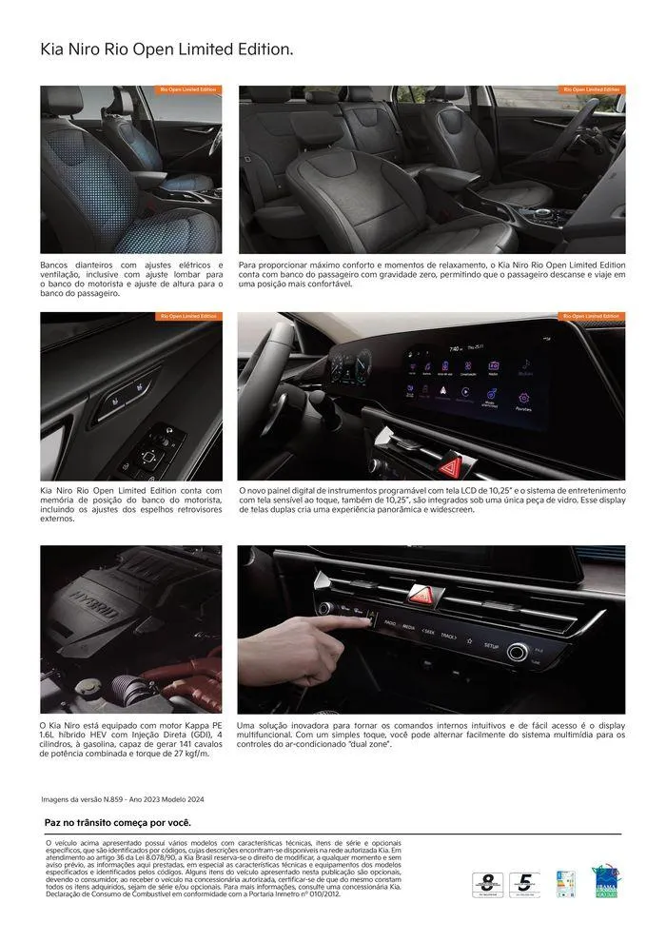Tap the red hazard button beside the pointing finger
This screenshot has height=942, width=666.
pyautogui.click(x=420, y=595)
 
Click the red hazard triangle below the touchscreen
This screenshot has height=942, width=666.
pyautogui.click(x=452, y=465)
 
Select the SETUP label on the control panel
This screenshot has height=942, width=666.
pyautogui.click(x=491, y=645)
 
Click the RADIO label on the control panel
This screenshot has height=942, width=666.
pyautogui.click(x=389, y=624)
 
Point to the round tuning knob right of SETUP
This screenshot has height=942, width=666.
pyautogui.click(x=519, y=653)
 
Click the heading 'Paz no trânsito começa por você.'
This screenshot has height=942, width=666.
pyautogui.click(x=118, y=823)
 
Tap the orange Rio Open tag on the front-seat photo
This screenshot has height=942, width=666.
pyautogui.click(x=187, y=90)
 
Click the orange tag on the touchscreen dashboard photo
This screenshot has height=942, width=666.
pyautogui.click(x=591, y=316)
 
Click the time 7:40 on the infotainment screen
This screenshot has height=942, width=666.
pyautogui.click(x=455, y=349)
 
